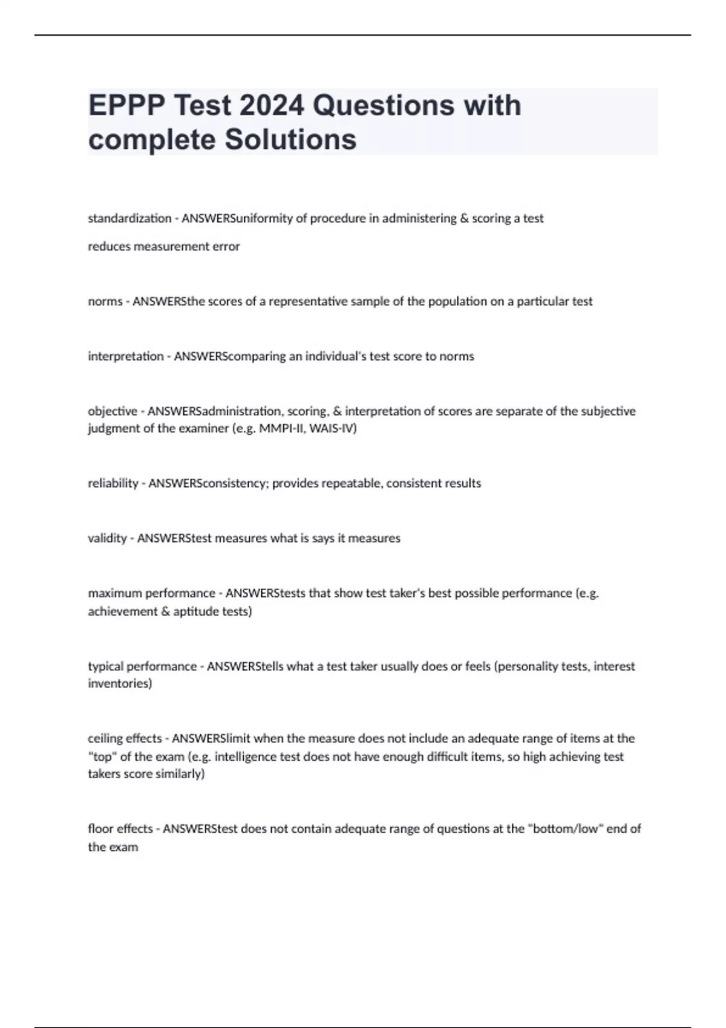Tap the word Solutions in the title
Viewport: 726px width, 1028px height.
[x=290, y=140]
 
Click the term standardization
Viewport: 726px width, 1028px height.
[x=129, y=218]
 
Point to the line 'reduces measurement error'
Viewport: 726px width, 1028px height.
[x=163, y=247]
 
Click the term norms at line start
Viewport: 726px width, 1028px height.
[x=105, y=301]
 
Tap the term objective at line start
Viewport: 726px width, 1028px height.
[x=113, y=411]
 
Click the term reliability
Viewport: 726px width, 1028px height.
[x=113, y=483]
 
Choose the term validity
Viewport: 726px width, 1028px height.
[x=108, y=538]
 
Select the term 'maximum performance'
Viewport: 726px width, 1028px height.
[x=151, y=593]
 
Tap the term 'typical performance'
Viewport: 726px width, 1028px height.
[x=142, y=666]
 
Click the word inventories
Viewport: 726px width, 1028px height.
[x=119, y=684]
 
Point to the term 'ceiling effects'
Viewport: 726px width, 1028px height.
[x=125, y=738]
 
